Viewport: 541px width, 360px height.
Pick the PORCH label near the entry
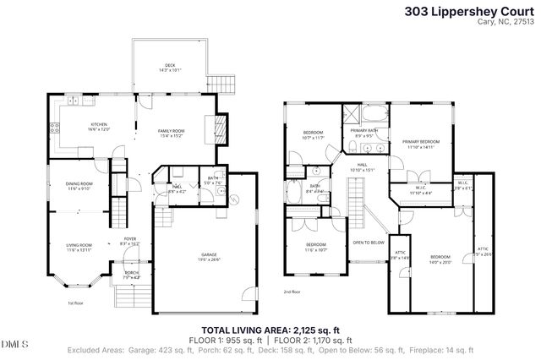(x=132, y=273)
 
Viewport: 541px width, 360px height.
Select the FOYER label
(x=130, y=240)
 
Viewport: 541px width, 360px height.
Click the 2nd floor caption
(x=291, y=292)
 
